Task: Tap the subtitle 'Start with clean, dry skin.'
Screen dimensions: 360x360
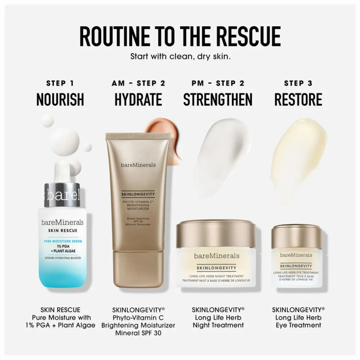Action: (x=180, y=56)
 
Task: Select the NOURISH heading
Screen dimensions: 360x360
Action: (x=60, y=100)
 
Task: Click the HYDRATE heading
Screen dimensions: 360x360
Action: (x=138, y=100)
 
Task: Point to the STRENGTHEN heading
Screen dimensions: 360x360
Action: (x=218, y=100)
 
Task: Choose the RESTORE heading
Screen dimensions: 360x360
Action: (x=298, y=100)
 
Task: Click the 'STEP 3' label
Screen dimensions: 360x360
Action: (x=298, y=83)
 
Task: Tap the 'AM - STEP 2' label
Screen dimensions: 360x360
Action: (x=138, y=83)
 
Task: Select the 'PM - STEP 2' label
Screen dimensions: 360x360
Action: (x=218, y=83)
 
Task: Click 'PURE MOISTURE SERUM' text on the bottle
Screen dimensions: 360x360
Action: (x=63, y=241)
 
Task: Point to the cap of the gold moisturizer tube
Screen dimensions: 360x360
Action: (x=138, y=269)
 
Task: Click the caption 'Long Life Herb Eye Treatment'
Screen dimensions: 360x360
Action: (x=298, y=322)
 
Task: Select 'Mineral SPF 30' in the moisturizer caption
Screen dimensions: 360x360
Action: (x=138, y=333)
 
